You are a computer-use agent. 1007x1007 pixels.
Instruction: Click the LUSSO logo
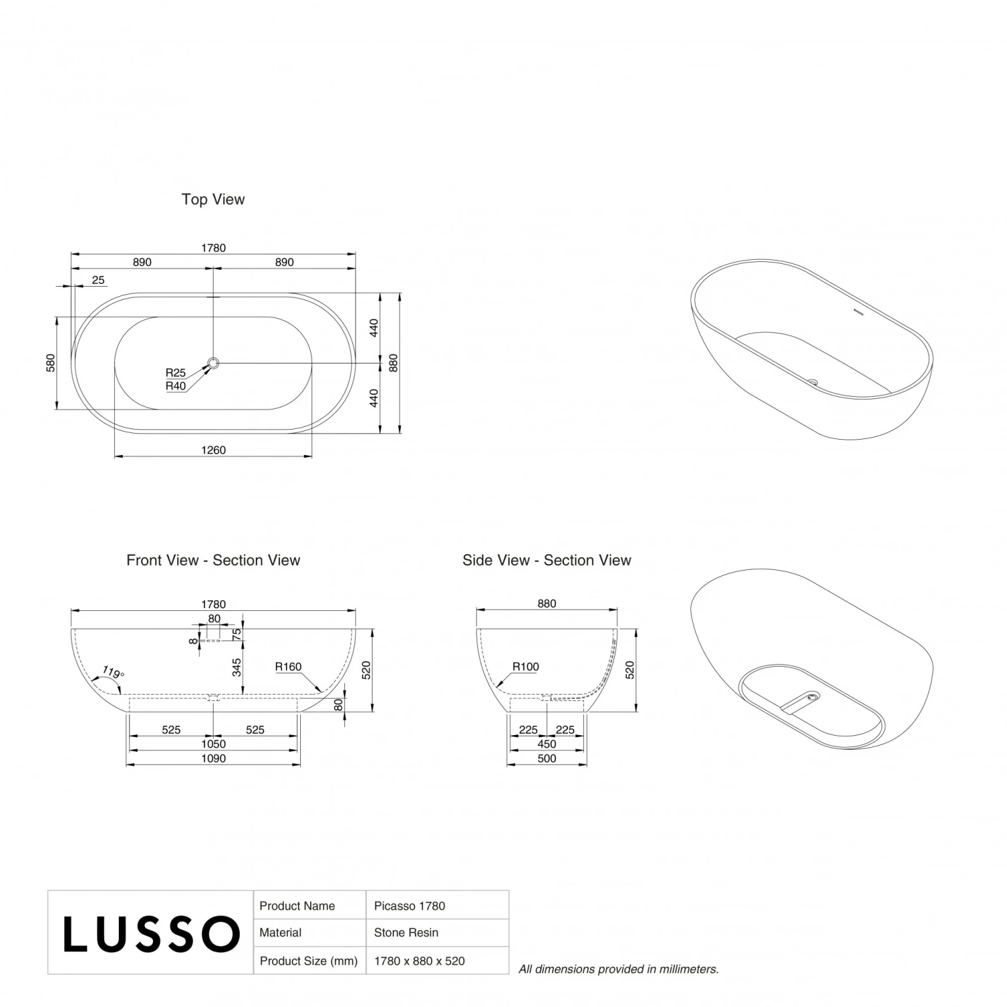point(151,933)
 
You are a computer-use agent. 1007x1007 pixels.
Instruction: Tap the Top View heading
point(213,199)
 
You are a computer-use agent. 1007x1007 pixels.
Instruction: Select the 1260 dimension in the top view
point(213,450)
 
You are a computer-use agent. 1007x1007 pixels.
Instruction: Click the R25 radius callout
point(175,373)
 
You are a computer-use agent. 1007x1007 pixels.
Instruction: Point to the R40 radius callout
point(175,386)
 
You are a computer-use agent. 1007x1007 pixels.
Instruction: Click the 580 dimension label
point(51,363)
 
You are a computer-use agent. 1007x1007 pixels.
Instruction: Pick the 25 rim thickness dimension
point(98,280)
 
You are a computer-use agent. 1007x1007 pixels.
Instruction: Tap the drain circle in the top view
point(213,363)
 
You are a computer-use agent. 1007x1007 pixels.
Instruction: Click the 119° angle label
point(113,672)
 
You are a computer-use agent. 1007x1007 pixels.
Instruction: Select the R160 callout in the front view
point(288,667)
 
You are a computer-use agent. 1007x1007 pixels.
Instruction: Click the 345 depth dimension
point(236,667)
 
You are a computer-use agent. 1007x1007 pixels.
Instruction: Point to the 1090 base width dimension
point(213,759)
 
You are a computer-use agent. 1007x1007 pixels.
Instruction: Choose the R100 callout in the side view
point(526,667)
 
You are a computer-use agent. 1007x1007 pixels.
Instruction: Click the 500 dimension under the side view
point(546,759)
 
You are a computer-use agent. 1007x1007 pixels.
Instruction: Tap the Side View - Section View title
point(546,560)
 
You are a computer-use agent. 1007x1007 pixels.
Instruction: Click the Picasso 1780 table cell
point(410,906)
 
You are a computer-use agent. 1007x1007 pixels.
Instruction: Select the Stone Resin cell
point(406,932)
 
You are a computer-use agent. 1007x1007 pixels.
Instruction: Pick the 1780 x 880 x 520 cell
point(419,961)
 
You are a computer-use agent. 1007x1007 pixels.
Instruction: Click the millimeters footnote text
point(618,969)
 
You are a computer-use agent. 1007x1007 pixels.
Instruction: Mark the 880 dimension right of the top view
point(393,363)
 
